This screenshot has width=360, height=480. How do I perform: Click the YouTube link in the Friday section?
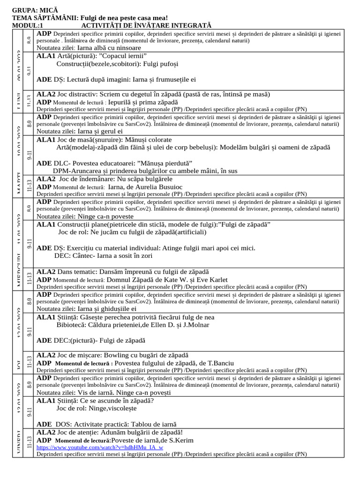100,447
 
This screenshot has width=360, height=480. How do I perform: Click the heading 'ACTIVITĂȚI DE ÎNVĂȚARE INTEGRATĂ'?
146,25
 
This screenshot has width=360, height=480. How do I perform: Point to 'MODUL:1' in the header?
28,25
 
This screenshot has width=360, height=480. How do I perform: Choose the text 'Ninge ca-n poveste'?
105,217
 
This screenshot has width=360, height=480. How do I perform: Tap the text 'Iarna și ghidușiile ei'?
107,309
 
